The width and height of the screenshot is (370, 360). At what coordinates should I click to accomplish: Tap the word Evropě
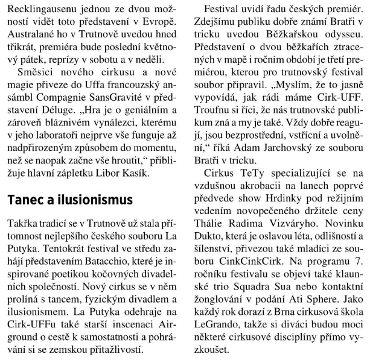coord(161,25)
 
